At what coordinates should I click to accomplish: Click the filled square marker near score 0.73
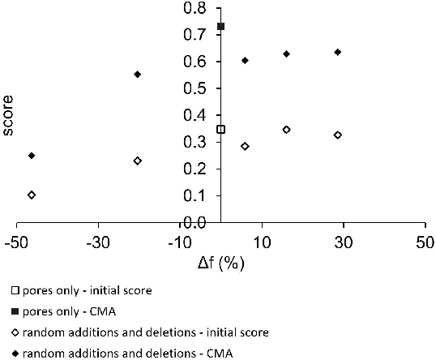(x=220, y=27)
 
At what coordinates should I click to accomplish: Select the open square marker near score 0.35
(x=220, y=130)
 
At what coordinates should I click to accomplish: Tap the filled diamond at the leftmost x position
(x=32, y=156)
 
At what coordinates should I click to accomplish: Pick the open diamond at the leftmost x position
(x=32, y=195)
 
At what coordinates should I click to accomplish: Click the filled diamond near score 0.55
(x=138, y=75)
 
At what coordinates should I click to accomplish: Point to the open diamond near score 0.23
(x=138, y=161)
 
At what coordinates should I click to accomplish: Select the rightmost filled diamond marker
(x=338, y=52)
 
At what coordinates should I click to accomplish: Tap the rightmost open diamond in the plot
(x=338, y=135)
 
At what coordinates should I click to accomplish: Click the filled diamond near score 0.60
(x=245, y=61)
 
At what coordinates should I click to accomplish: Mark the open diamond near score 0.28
(x=245, y=147)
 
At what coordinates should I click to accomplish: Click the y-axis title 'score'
(x=9, y=122)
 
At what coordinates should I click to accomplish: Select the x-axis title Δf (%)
(x=220, y=264)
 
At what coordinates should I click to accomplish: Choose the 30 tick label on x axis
(x=343, y=243)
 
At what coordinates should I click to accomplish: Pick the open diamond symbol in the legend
(x=15, y=332)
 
